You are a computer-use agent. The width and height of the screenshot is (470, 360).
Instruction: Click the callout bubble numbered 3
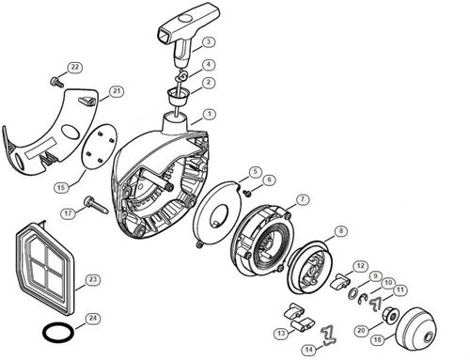(x=209, y=42)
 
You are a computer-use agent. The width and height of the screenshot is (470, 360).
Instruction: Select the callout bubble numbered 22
(x=75, y=67)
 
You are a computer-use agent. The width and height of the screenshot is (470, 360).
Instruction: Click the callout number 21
(x=117, y=91)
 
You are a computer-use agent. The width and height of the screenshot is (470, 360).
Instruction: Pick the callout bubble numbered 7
(x=303, y=199)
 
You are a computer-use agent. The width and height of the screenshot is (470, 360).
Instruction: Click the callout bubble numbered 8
(x=339, y=230)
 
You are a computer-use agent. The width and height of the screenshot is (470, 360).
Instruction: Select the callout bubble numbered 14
(x=308, y=349)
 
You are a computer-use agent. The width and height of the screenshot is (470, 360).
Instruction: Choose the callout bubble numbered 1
(x=208, y=114)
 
